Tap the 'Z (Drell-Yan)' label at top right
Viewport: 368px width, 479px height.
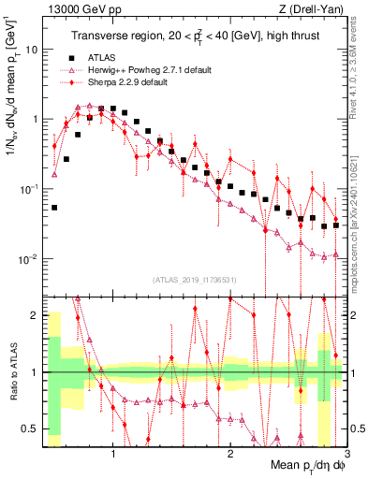point(308,8)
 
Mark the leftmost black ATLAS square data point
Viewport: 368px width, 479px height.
point(54,208)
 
